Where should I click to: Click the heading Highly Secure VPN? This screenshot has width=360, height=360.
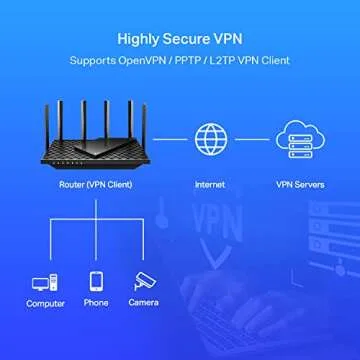(x=179, y=40)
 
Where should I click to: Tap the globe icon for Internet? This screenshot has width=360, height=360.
(x=209, y=140)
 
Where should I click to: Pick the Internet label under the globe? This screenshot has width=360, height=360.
(x=209, y=186)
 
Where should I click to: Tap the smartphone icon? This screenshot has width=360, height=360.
(x=96, y=281)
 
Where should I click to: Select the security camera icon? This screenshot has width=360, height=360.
(x=144, y=282)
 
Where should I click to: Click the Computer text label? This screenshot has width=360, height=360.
(x=45, y=304)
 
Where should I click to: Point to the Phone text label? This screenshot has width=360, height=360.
(x=96, y=304)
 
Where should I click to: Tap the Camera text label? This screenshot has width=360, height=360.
(x=144, y=304)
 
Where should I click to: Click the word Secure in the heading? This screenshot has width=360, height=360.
(x=186, y=40)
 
